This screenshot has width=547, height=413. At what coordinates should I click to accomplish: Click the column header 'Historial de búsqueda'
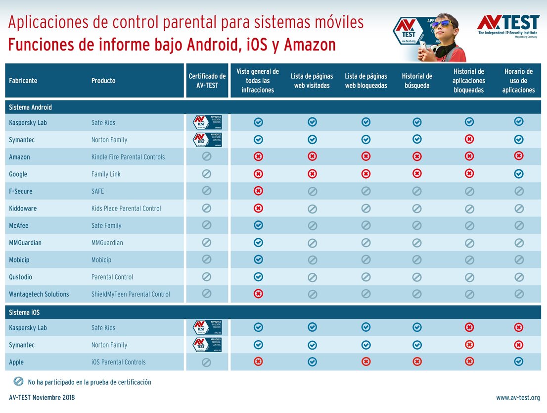coord(417,81)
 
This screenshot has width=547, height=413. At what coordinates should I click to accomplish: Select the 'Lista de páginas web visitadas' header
coord(312,81)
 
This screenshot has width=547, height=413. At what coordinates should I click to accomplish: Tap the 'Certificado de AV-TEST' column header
coord(207,81)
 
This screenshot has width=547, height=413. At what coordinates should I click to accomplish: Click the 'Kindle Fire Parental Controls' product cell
coord(128,157)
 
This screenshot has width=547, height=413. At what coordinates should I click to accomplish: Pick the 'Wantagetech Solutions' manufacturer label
coord(39,294)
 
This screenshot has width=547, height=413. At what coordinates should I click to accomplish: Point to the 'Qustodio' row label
coord(20,277)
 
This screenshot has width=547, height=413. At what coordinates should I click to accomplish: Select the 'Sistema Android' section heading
coord(30,107)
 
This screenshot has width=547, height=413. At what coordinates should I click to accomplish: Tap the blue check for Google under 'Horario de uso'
coord(518,174)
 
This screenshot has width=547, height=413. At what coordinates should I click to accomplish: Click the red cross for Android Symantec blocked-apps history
coord(469,139)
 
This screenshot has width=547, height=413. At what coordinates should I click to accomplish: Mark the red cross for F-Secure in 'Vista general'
coord(258,191)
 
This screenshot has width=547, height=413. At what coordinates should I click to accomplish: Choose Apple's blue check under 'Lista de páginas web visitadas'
coord(312,361)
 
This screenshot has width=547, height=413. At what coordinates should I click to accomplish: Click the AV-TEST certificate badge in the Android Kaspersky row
coord(207,122)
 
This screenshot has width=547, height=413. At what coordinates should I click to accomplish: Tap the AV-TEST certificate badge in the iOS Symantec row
coord(207,345)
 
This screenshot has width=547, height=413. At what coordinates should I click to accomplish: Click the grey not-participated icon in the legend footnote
coord(18,382)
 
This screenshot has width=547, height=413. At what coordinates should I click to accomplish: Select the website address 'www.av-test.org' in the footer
coord(518,398)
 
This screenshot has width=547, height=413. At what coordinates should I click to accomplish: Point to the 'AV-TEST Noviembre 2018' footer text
coord(42,398)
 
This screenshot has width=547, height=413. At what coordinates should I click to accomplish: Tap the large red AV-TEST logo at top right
coord(508,23)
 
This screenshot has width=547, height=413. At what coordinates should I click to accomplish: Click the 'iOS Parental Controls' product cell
coord(118,362)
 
